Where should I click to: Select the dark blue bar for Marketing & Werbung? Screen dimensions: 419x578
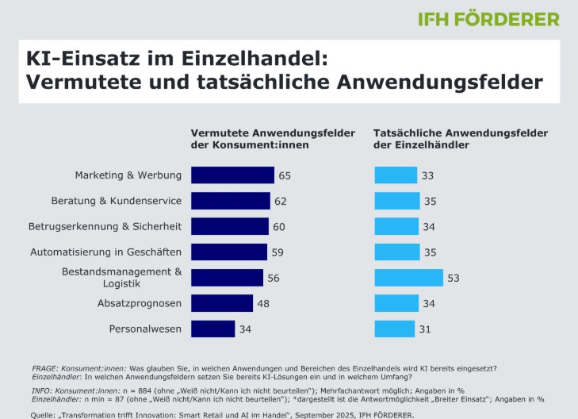[x=232, y=175]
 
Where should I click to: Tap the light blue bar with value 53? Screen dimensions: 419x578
[x=408, y=278]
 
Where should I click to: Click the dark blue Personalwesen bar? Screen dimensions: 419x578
[x=212, y=329]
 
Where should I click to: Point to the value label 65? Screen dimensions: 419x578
[x=285, y=175]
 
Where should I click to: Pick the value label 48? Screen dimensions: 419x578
[x=263, y=303]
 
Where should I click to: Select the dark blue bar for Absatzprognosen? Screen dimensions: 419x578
[x=222, y=303]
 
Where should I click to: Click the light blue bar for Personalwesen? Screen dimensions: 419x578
[x=395, y=329]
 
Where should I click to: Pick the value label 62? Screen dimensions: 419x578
[x=281, y=201]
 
